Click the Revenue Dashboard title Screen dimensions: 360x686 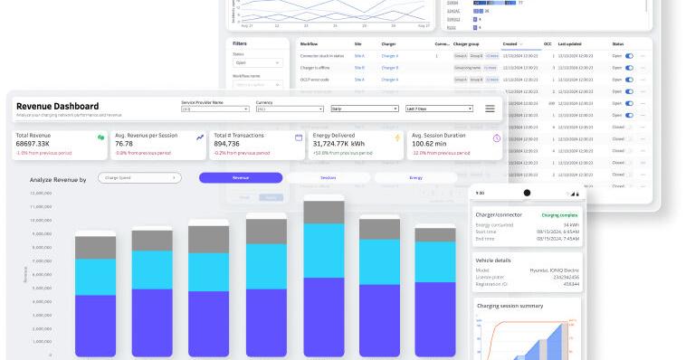pyautogui.click(x=57, y=107)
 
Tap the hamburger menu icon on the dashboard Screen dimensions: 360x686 pyautogui.click(x=490, y=109)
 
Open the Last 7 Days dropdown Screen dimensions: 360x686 pyautogui.click(x=439, y=109)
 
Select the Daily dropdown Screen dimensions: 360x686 pyautogui.click(x=364, y=109)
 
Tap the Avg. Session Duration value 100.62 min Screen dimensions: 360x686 pyautogui.click(x=436, y=144)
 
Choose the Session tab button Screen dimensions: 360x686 pyautogui.click(x=328, y=178)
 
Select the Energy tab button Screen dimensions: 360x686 pyautogui.click(x=414, y=178)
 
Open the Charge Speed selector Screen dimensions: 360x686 pyautogui.click(x=141, y=178)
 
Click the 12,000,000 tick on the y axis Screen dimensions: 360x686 pyautogui.click(x=41, y=194)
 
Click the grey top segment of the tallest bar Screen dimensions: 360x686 pyautogui.click(x=324, y=212)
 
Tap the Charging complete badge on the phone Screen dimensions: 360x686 pyautogui.click(x=560, y=215)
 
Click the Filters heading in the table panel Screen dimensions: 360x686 pyautogui.click(x=240, y=43)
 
